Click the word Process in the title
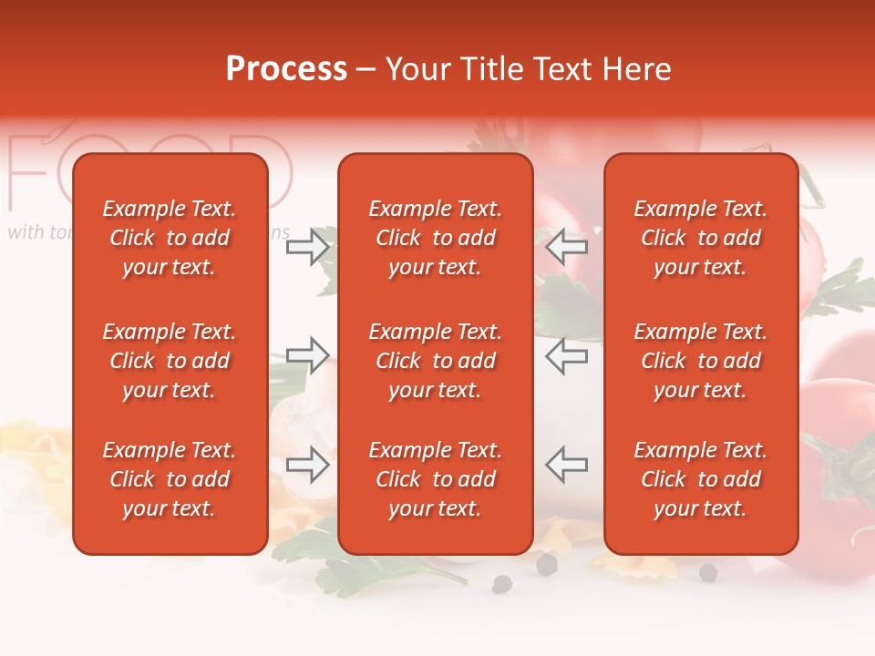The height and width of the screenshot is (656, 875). (286, 69)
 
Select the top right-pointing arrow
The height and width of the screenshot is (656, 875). (308, 247)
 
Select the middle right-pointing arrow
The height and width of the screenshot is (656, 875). (308, 355)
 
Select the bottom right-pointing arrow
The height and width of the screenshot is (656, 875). (308, 465)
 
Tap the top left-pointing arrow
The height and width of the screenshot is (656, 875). (566, 247)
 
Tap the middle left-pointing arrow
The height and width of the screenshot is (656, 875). (566, 355)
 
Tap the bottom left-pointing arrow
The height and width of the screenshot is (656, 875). (566, 465)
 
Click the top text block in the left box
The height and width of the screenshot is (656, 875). (170, 238)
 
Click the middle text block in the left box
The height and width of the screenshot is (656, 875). (170, 361)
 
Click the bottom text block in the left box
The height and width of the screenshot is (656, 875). (170, 479)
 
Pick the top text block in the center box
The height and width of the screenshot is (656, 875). (435, 238)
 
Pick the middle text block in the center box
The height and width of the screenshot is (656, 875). (435, 361)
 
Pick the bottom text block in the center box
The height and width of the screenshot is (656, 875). (435, 479)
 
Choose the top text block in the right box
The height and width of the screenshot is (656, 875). (700, 238)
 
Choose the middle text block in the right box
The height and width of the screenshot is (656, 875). (700, 361)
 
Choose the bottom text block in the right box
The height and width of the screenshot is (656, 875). (700, 479)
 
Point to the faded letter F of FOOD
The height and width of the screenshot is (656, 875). (27, 173)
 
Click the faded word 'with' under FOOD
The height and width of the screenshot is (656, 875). (26, 232)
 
